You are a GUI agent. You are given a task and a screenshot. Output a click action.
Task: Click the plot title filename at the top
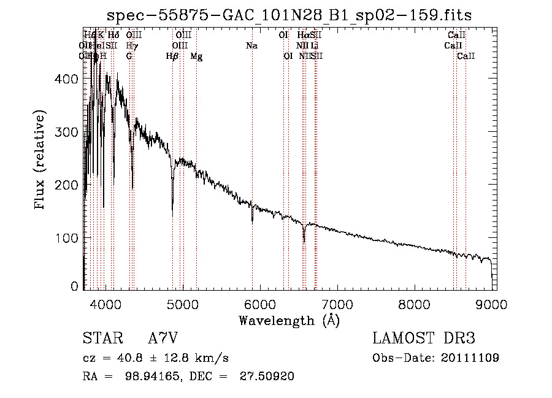[289, 15]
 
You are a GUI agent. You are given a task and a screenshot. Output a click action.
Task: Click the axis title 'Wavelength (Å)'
[289, 320]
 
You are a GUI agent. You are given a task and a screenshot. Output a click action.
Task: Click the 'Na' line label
[251, 46]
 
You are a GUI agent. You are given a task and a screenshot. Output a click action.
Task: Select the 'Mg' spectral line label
[196, 56]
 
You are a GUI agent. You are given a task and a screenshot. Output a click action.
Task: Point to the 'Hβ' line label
[172, 56]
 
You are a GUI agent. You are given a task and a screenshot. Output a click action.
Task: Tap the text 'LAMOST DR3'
[423, 339]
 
